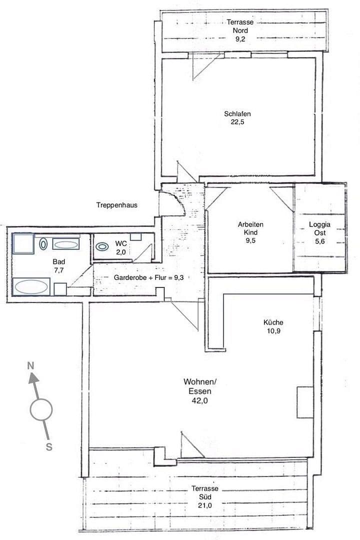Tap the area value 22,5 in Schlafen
pos(237,122)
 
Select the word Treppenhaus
pos(117,205)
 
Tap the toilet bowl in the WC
pos(103,246)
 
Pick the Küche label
pos(273,322)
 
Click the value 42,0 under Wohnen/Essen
pos(200,400)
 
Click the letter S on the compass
pos(49,447)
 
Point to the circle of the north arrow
pos(41,410)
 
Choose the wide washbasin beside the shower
pos(65,244)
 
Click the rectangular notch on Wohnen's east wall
pos(304,402)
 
